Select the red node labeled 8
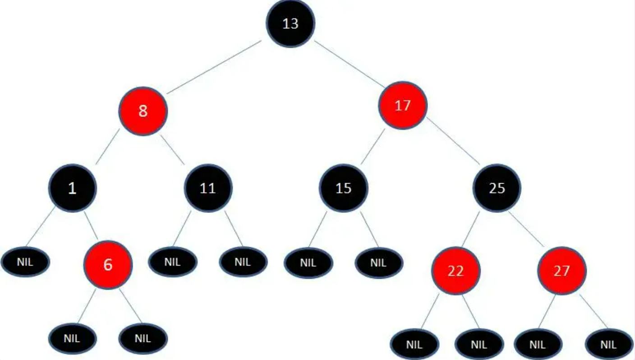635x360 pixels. pyautogui.click(x=143, y=111)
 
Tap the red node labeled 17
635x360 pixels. pyautogui.click(x=402, y=106)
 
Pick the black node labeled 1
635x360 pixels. pyautogui.click(x=72, y=188)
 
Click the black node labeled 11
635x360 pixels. pyautogui.click(x=208, y=188)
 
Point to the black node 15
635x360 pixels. pyautogui.click(x=344, y=188)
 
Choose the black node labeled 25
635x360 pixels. pyautogui.click(x=497, y=188)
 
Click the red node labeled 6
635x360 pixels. pyautogui.click(x=108, y=265)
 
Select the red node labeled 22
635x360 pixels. pyautogui.click(x=456, y=271)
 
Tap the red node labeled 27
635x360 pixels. pyautogui.click(x=561, y=271)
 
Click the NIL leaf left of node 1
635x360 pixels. pyautogui.click(x=25, y=262)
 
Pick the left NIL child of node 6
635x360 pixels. pyautogui.click(x=72, y=338)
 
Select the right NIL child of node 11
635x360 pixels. pyautogui.click(x=243, y=262)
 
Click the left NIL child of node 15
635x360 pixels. pyautogui.click(x=308, y=262)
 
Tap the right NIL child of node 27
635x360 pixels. pyautogui.click(x=608, y=345)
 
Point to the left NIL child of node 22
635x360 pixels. pyautogui.click(x=414, y=345)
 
